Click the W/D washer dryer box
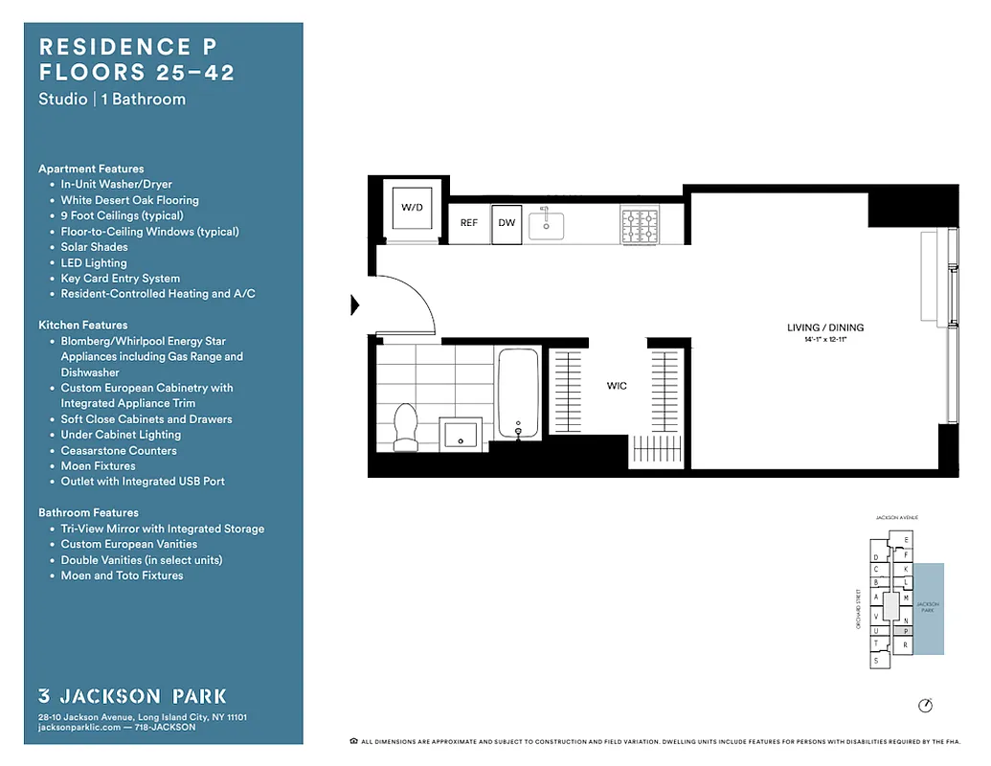(412, 208)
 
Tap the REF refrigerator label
(469, 223)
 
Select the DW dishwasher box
(507, 223)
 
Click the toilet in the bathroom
(407, 426)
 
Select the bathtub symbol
(518, 393)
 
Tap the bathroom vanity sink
(462, 433)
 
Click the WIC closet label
(617, 386)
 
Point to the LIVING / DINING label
(824, 327)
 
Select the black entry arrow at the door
(355, 305)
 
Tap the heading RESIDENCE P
(114, 47)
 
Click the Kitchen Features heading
(82, 326)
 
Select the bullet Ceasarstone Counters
(119, 450)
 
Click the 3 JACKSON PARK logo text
(132, 696)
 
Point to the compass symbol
(924, 706)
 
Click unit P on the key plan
(906, 632)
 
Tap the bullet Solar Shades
(94, 247)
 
